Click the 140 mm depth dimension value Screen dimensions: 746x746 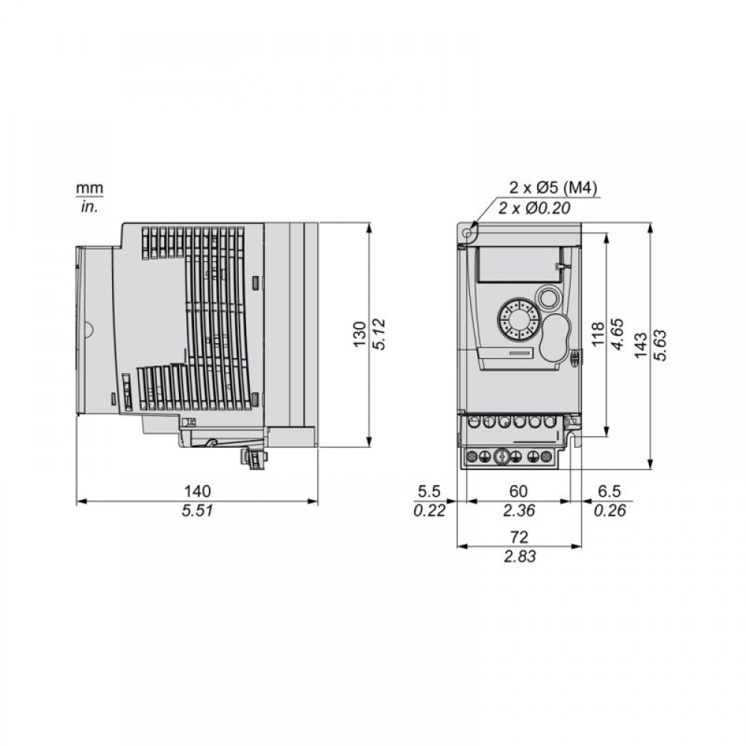(198, 491)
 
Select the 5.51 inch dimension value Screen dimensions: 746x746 (198, 511)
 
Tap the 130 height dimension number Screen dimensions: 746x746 (360, 334)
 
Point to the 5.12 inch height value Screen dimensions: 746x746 (379, 334)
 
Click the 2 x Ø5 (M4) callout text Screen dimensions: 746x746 (553, 187)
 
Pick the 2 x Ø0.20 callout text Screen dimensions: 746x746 (534, 208)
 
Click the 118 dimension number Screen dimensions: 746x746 (598, 333)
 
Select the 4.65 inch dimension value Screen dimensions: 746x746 (617, 334)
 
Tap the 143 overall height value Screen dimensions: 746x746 (640, 345)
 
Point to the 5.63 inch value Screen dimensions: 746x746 (660, 345)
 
